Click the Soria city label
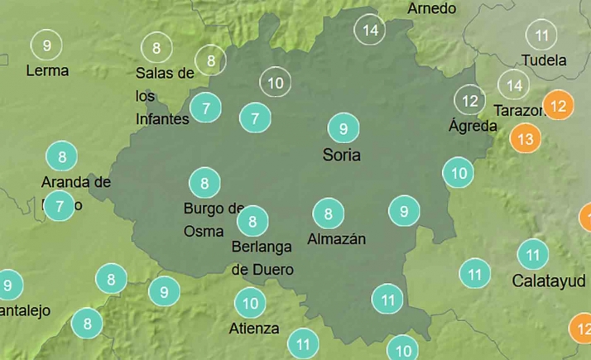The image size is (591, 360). tap(342, 155)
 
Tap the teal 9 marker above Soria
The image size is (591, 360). tap(343, 128)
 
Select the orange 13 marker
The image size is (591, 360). tap(524, 138)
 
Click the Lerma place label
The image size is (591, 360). tap(47, 70)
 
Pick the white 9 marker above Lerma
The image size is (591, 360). tap(46, 44)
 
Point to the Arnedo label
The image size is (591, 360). tap(431, 8)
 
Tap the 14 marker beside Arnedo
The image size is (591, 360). tap(370, 31)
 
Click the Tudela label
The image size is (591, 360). tap(544, 60)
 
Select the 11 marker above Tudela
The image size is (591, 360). tap(542, 36)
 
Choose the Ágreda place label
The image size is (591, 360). tap(473, 127)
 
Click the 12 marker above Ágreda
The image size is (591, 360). tap(470, 101)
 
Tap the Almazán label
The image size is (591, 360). tap(336, 239)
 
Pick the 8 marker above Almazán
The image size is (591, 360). tap(329, 214)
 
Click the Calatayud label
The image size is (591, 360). tap(543, 280)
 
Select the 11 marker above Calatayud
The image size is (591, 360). tap(533, 254)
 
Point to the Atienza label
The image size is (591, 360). tap(254, 329)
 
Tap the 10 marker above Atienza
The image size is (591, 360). tap(250, 303)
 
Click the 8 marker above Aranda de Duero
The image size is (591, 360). tap(61, 156)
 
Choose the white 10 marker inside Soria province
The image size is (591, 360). tap(276, 82)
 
